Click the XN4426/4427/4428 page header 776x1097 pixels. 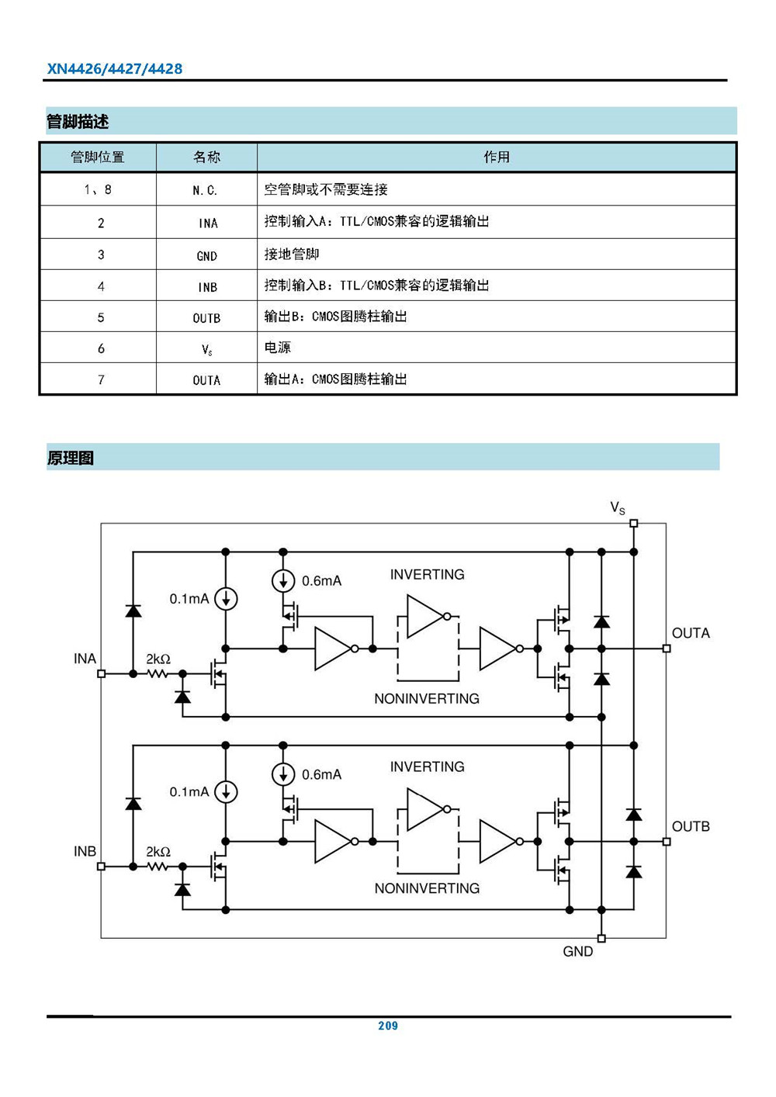[x=115, y=69]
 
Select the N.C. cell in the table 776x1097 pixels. [x=206, y=190]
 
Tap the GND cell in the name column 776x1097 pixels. [x=206, y=256]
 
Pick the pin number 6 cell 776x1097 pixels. [x=101, y=349]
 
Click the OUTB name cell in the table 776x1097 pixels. [x=206, y=318]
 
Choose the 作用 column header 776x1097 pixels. [x=497, y=157]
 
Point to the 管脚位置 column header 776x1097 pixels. [x=98, y=157]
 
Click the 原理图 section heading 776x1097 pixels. [x=71, y=458]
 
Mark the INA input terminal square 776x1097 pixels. [x=101, y=673]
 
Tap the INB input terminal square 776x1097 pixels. [x=101, y=867]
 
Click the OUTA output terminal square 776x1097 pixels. [x=667, y=649]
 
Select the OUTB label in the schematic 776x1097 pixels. [x=691, y=826]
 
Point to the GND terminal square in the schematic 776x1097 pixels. [x=601, y=938]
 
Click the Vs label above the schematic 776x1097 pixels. [x=618, y=508]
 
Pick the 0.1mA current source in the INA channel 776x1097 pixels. [x=226, y=599]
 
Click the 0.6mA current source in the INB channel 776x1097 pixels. [x=283, y=774]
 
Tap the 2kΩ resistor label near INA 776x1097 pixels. [x=158, y=659]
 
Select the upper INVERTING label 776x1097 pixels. [x=427, y=575]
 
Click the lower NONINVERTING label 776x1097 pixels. [x=427, y=888]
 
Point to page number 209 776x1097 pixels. [x=388, y=1026]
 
